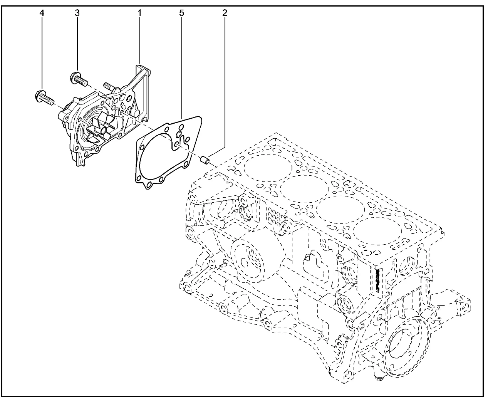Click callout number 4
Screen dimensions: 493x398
pyautogui.click(x=42, y=13)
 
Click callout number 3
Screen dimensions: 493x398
pyautogui.click(x=77, y=13)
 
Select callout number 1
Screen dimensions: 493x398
pyautogui.click(x=139, y=13)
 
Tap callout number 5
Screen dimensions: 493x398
pyautogui.click(x=182, y=13)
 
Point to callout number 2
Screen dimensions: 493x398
pyautogui.click(x=225, y=13)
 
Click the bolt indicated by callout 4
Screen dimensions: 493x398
pyautogui.click(x=44, y=98)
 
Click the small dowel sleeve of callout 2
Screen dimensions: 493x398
pyautogui.click(x=205, y=160)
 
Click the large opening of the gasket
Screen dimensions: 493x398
pyautogui.click(x=156, y=158)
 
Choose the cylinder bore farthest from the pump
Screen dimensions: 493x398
pyautogui.click(x=378, y=231)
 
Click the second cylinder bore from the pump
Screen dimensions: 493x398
pyautogui.click(x=304, y=189)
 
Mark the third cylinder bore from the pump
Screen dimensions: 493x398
pyautogui.click(x=341, y=210)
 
